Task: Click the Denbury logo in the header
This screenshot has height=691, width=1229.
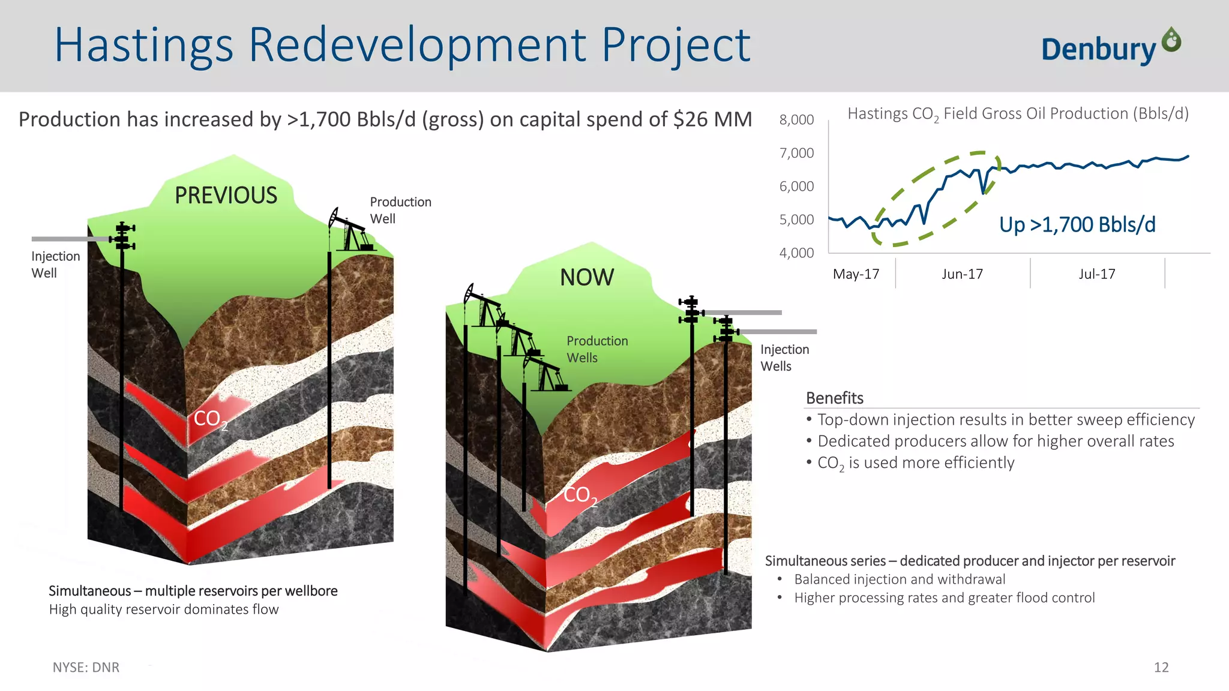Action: [1110, 47]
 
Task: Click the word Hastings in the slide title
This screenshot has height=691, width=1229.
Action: [144, 46]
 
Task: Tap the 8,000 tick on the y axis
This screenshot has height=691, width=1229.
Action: [796, 120]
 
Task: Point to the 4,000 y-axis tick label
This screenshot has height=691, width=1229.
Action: [796, 253]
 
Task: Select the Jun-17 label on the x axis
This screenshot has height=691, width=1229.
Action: [962, 274]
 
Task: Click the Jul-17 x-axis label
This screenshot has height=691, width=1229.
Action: [1096, 274]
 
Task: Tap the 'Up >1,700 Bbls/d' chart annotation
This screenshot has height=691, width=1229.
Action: [1077, 225]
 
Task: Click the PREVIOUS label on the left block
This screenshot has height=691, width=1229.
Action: [226, 196]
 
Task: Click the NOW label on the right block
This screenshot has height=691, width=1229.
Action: [586, 278]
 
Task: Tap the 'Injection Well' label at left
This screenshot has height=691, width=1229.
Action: [55, 265]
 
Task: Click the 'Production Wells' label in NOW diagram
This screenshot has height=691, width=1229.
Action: [596, 349]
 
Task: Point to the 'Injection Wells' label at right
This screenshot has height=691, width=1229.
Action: [784, 357]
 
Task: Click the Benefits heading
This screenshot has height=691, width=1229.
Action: [834, 398]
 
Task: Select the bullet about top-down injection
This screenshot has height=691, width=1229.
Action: [1005, 420]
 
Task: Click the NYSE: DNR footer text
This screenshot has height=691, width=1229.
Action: [86, 668]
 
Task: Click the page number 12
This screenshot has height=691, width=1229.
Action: [1161, 668]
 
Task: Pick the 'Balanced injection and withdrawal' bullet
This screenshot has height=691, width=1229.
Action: [899, 579]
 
